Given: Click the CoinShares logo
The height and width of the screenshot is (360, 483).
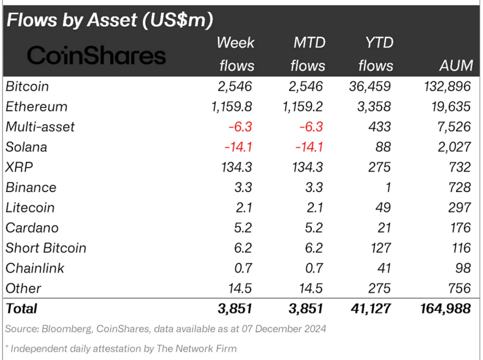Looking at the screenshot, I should click(96, 55).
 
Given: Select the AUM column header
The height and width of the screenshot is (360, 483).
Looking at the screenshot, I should click(455, 65).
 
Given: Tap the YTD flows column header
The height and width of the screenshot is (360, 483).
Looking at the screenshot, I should click(376, 54).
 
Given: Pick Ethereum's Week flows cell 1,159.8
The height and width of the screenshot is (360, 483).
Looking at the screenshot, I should click(232, 106).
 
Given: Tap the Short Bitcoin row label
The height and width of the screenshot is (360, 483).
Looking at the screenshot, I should click(46, 248).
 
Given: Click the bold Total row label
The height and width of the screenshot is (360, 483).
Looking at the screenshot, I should click(21, 308).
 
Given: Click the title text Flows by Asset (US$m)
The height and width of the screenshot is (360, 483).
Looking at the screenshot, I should click(109, 20).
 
